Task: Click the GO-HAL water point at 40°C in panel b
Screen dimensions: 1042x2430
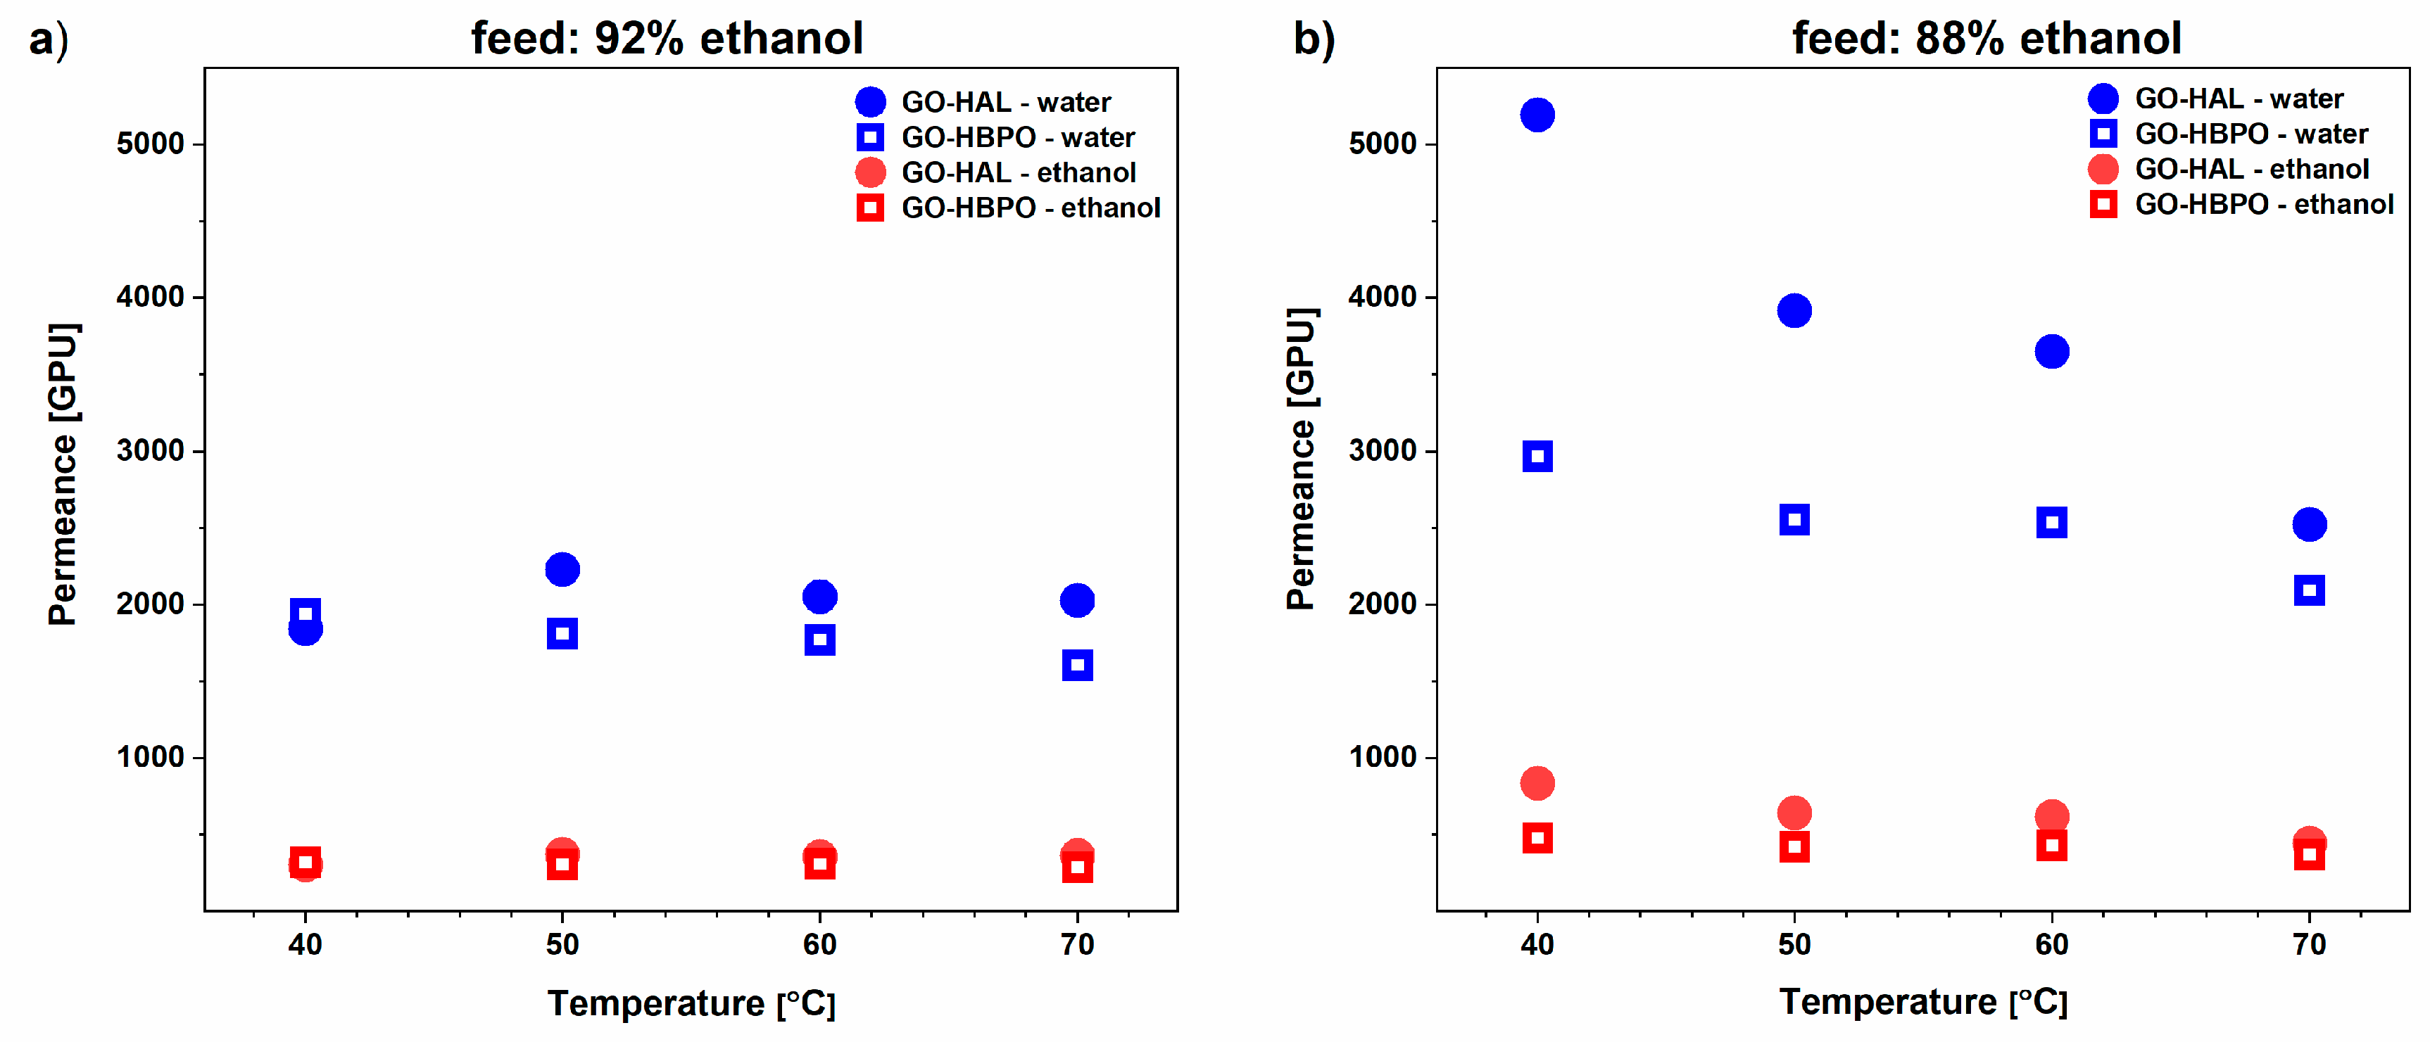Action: point(1537,115)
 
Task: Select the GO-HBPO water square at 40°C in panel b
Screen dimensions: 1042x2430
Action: point(1537,457)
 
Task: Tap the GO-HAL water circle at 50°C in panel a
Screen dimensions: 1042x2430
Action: point(562,568)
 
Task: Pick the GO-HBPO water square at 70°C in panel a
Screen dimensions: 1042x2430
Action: point(1076,665)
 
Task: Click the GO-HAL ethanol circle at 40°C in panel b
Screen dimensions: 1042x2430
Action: point(1537,782)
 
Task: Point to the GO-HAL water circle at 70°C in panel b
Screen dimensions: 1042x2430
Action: point(2308,524)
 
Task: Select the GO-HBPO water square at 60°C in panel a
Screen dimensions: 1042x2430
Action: point(820,640)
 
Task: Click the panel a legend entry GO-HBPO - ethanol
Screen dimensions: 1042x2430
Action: point(1029,208)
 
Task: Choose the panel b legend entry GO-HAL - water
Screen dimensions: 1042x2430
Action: point(2238,98)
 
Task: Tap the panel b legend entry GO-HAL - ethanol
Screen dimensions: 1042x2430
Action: point(2250,169)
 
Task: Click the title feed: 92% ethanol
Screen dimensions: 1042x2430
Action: point(667,39)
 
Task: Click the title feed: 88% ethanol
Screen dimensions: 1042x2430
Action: point(1986,39)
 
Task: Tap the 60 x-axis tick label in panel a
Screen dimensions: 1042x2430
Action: point(820,944)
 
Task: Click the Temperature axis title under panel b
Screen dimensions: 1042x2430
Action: point(1922,1001)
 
